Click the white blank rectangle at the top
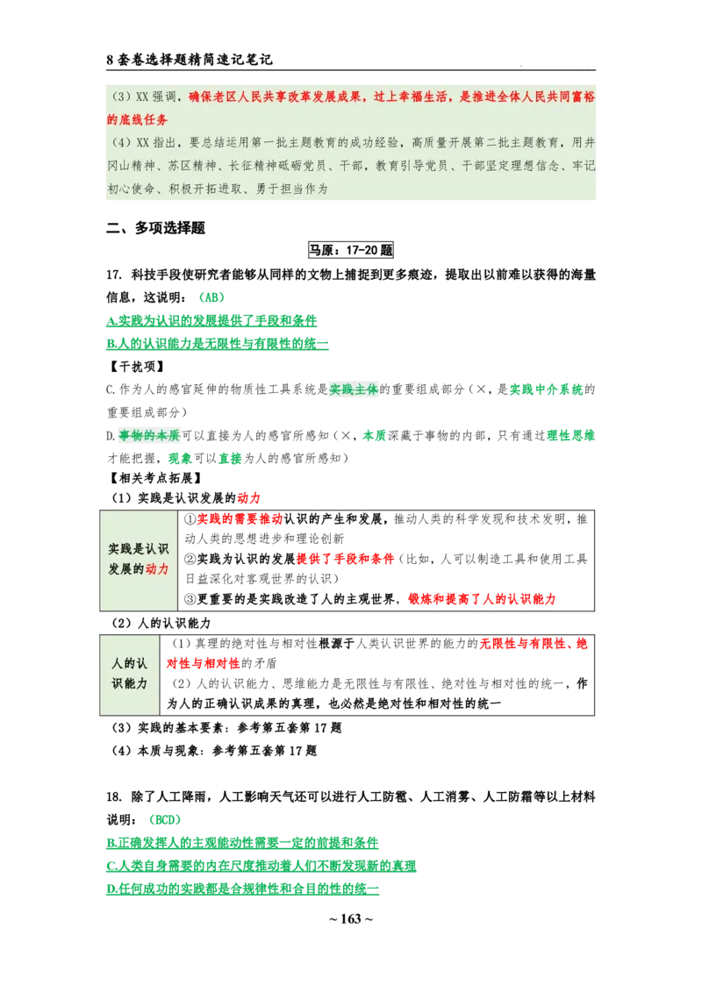pyautogui.click(x=543, y=52)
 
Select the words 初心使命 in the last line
pyautogui.click(x=129, y=189)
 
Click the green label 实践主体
pyautogui.click(x=355, y=389)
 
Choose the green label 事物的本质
pyautogui.click(x=149, y=435)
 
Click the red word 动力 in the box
pyautogui.click(x=157, y=568)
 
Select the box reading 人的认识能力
pyautogui.click(x=130, y=674)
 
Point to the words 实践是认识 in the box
pyautogui.click(x=139, y=548)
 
